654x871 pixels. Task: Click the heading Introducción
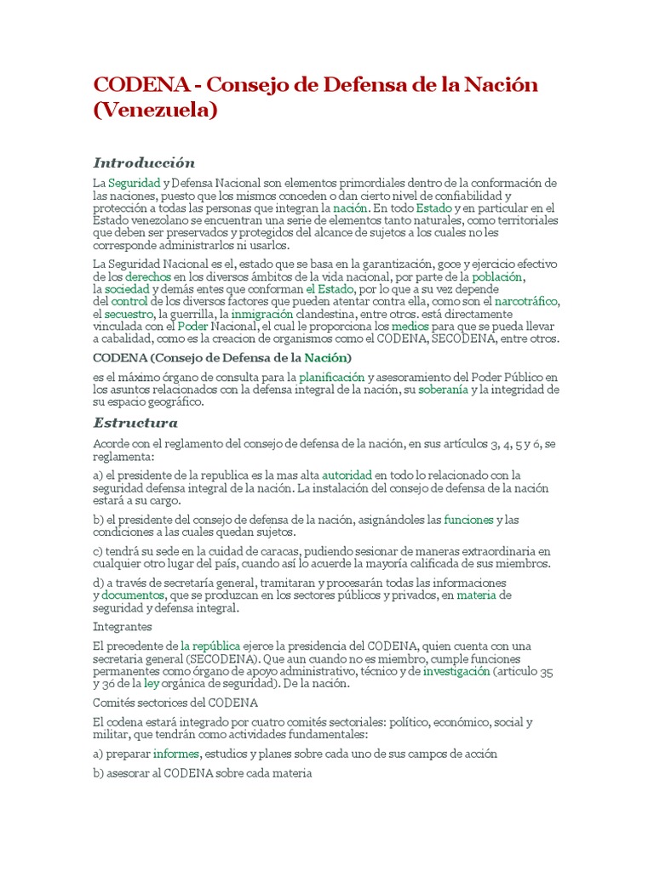pos(144,162)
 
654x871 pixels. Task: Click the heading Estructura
pos(135,423)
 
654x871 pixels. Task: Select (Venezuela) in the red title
pos(155,110)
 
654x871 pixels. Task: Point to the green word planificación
pos(331,377)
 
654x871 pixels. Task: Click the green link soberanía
pos(443,390)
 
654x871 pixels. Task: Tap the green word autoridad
pos(347,475)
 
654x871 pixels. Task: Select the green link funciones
pos(468,519)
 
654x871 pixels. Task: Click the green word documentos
pos(132,595)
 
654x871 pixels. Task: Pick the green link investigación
pos(456,671)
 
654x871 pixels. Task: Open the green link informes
pos(176,754)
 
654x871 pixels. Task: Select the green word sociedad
pos(127,289)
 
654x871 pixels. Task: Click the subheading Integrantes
pos(122,627)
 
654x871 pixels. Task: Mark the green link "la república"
pos(210,646)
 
